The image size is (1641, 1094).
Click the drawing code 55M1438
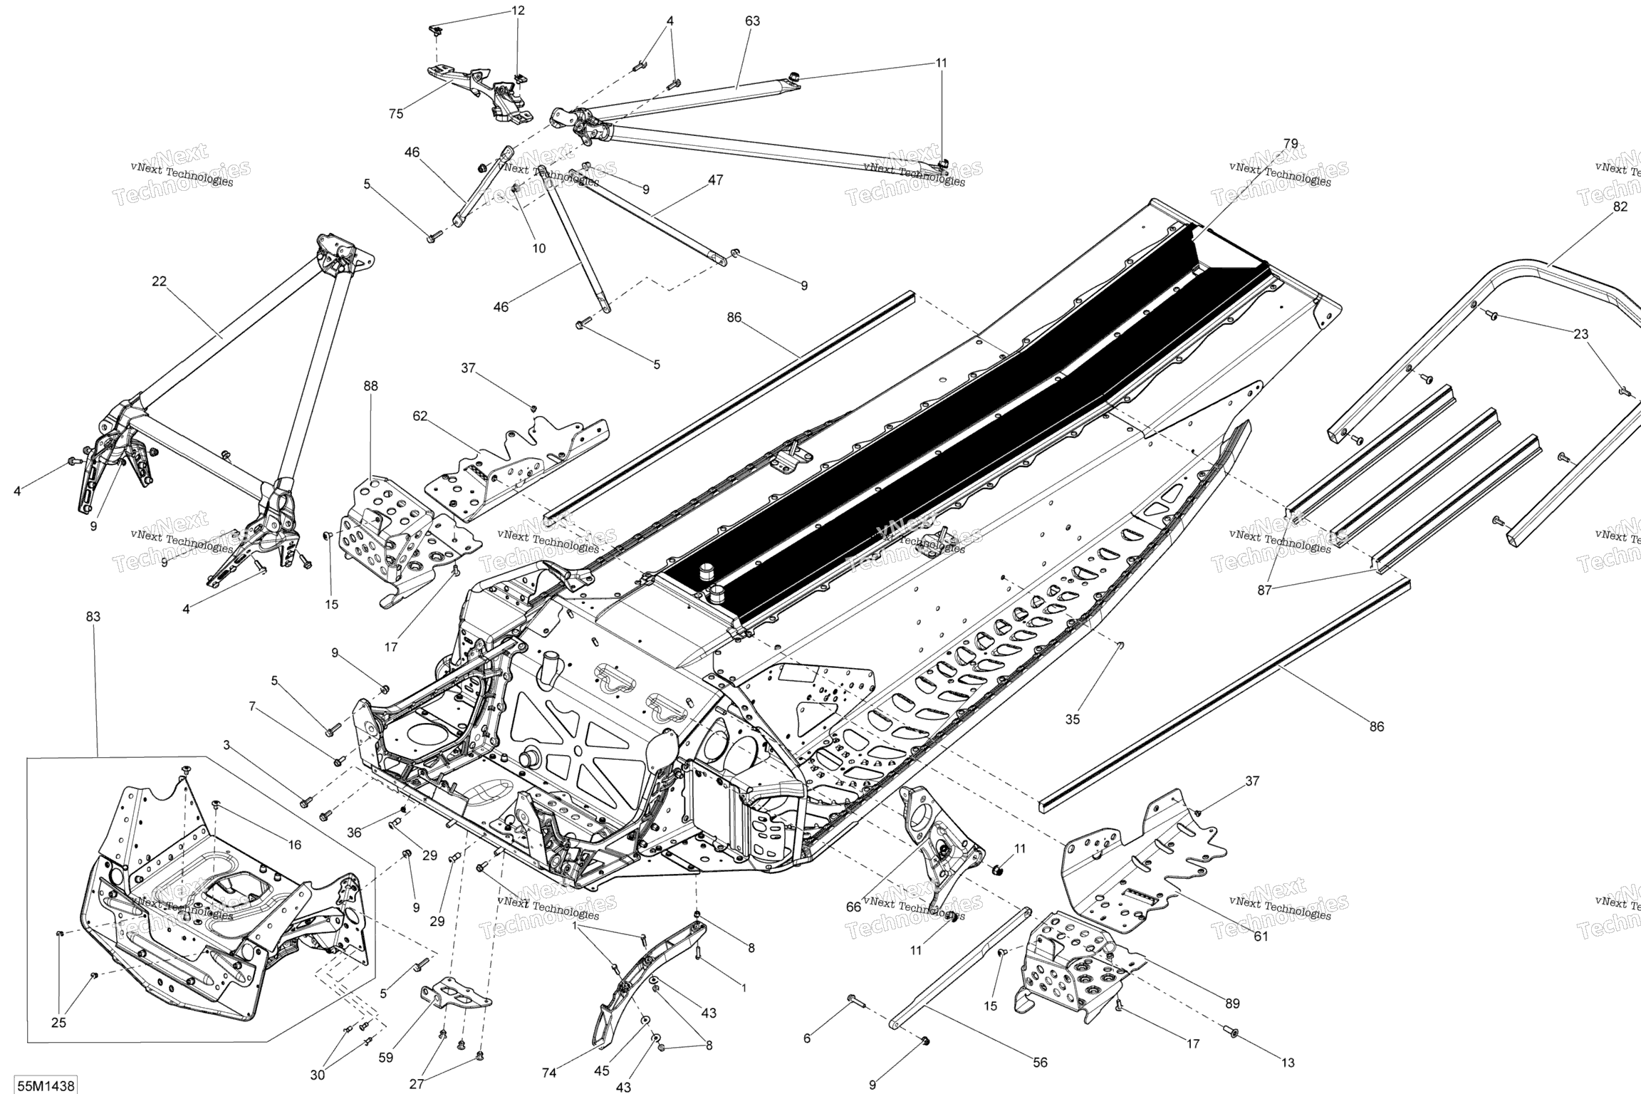46,1085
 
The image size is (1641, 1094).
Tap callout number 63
752,21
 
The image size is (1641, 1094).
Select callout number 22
159,281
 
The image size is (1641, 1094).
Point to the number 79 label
1291,143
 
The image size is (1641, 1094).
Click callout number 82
1620,207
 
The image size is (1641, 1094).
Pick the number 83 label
93,617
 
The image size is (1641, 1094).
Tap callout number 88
370,386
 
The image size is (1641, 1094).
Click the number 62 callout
420,416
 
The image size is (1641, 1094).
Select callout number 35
1072,719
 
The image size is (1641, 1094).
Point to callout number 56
1040,1062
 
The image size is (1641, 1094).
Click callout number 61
1261,936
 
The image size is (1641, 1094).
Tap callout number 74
549,1073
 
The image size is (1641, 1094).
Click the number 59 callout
385,1058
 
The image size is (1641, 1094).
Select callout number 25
58,1023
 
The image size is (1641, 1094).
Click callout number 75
396,113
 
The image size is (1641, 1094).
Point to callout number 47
716,180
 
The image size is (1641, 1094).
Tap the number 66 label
853,906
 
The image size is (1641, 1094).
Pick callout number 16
294,845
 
